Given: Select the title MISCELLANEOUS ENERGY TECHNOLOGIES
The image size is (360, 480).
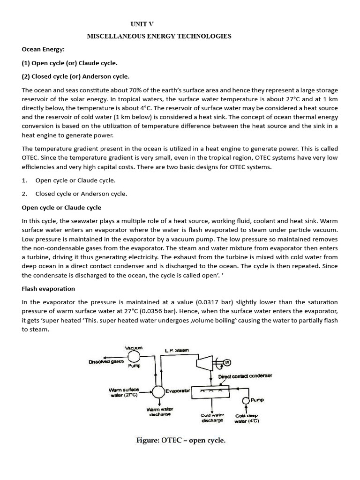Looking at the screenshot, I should [159, 37].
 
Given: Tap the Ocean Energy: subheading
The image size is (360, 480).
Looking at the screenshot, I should [43, 49].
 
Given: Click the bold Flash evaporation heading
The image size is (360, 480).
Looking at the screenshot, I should [48, 289].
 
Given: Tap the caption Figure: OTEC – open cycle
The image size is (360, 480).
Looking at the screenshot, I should [180, 441].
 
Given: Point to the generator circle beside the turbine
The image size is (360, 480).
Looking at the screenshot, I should [228, 362].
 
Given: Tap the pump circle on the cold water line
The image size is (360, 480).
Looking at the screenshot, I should [246, 400].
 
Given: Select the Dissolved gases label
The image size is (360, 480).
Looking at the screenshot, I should [105, 362].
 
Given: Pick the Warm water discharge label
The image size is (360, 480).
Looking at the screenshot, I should [160, 412].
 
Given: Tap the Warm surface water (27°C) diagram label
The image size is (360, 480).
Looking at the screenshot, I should [123, 392].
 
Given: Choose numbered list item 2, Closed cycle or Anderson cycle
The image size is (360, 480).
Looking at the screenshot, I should [81, 194].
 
